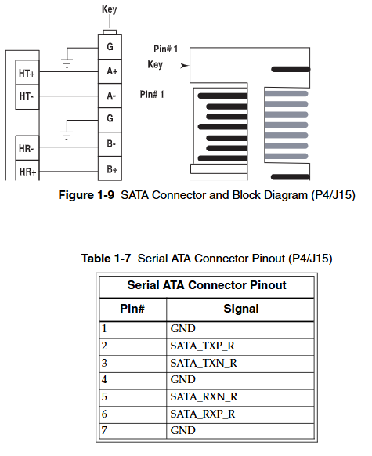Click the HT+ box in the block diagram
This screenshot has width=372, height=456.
[x=27, y=73]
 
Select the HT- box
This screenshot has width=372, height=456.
[x=27, y=97]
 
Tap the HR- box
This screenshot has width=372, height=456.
[x=27, y=148]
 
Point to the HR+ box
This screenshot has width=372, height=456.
[x=27, y=170]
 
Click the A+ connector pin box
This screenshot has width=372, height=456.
[x=110, y=71]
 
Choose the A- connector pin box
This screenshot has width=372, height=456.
[x=110, y=96]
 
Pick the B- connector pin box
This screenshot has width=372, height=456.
[x=110, y=144]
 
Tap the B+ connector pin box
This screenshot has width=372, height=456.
[x=110, y=168]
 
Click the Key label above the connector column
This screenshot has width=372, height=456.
[x=110, y=9]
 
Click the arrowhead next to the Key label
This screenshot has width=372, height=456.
[x=184, y=66]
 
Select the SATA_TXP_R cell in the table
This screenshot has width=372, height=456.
[x=240, y=346]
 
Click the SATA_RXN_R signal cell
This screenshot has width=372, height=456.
[x=240, y=397]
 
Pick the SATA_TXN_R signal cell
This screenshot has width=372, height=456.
[x=240, y=364]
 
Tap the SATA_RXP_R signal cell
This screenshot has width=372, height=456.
[x=240, y=414]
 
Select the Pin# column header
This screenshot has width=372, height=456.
[x=132, y=309]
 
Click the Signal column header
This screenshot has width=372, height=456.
[x=241, y=309]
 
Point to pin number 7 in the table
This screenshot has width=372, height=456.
[x=104, y=430]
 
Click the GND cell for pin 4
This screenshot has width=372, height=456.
[x=240, y=380]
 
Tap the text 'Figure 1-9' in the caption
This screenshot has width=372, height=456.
[x=86, y=195]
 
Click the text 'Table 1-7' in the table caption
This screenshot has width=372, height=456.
[x=106, y=259]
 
